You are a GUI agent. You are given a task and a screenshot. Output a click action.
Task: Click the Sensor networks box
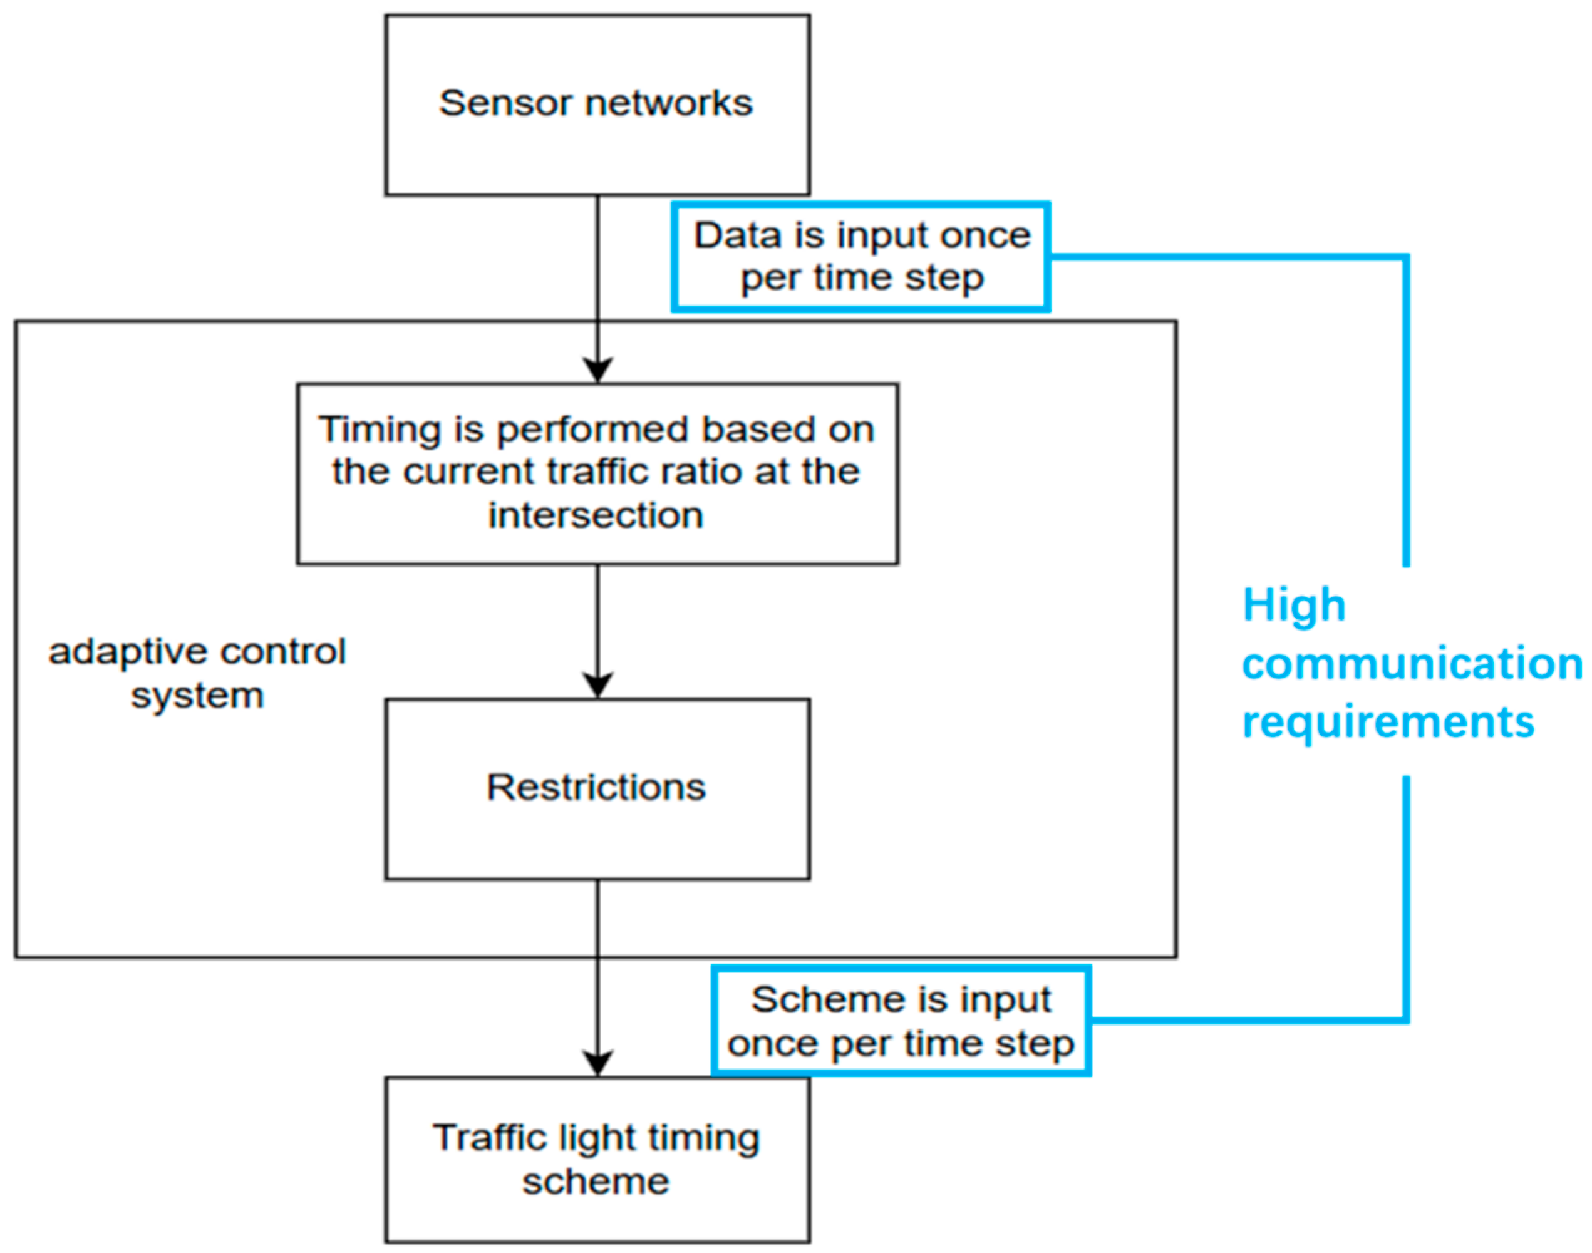tap(597, 105)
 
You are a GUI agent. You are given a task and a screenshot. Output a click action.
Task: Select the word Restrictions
tap(596, 787)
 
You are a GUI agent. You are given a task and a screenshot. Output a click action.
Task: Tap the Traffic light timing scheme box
tap(597, 1159)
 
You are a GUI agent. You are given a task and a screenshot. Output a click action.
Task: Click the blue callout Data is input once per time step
tap(861, 257)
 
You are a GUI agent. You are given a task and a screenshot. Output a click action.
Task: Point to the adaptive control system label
tap(197, 673)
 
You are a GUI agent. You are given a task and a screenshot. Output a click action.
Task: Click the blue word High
tap(1294, 606)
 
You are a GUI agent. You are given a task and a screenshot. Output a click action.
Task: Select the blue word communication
tap(1412, 664)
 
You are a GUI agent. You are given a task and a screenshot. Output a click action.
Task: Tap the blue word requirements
tap(1388, 722)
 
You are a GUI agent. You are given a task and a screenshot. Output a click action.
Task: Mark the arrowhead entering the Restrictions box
tap(597, 685)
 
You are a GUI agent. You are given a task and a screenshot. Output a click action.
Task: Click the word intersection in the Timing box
tap(596, 515)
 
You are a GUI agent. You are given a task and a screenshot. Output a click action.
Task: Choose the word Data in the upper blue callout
tap(737, 236)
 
